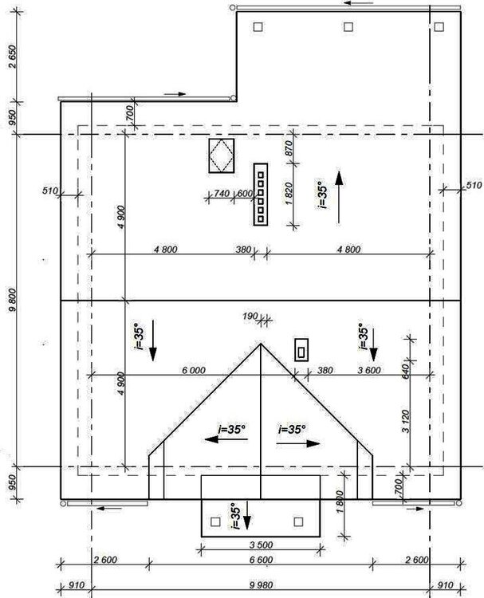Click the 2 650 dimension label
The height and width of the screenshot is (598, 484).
coord(13,57)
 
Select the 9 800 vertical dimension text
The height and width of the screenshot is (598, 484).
coord(13,300)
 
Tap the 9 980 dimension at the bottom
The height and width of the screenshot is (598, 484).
coord(262,584)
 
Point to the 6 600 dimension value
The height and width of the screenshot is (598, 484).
coord(262,560)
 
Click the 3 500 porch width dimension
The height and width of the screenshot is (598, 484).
coord(262,545)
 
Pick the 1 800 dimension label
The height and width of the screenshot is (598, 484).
coord(340,502)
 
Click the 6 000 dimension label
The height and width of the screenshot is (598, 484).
coord(194,370)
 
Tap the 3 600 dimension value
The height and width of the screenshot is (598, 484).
coord(369,370)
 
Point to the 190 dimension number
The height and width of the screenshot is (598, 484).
coord(250,317)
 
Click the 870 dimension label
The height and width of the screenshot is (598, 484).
coord(289,148)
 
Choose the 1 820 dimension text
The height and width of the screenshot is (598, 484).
coord(289,194)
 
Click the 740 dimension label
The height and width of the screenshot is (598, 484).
coord(222,194)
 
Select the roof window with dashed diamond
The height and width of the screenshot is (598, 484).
coord(221,155)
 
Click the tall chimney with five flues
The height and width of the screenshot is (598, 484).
coord(261,194)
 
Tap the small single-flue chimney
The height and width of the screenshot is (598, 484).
coord(301,350)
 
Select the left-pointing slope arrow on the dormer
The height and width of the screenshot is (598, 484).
coord(226,439)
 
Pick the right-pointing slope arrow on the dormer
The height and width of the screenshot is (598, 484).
coord(298,443)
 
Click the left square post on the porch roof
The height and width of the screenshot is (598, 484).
coord(215,521)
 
